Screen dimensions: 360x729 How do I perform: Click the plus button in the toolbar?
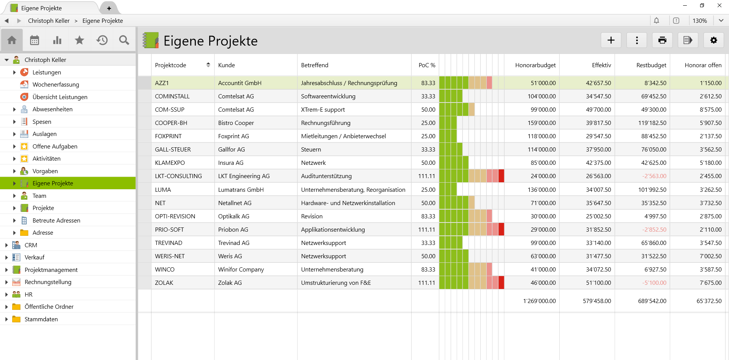611,40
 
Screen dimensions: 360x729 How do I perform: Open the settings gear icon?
713,40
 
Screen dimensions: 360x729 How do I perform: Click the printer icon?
662,40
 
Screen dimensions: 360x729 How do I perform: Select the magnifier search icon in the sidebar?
124,40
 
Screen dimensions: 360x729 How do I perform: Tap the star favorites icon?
79,40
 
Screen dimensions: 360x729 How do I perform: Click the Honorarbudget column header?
535,65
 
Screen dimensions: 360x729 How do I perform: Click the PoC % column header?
426,65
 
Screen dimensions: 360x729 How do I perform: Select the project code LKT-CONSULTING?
178,176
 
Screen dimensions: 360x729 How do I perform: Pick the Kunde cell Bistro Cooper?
236,123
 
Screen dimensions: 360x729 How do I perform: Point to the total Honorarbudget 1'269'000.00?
539,301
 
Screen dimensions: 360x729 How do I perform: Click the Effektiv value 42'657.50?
598,83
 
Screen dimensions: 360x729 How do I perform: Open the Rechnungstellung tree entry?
48,282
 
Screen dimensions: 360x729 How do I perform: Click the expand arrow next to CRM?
6,245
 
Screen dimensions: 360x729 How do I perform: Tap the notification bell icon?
656,21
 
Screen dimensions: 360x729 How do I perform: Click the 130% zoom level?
699,21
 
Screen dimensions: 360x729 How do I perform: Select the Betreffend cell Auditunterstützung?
326,176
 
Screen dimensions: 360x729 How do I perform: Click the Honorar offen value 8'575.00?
710,110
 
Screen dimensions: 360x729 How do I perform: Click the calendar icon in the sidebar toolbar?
35,40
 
